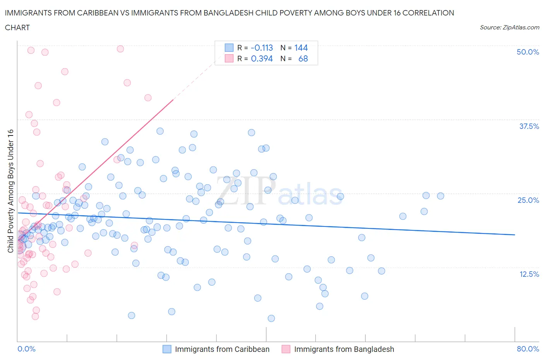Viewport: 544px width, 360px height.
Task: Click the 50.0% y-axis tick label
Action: pyautogui.click(x=528, y=52)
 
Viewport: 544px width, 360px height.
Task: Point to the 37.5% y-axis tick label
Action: pyautogui.click(x=529, y=126)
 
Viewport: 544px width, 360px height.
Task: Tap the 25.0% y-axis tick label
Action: pyautogui.click(x=528, y=200)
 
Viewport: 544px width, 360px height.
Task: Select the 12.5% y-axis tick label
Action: pyautogui.click(x=529, y=274)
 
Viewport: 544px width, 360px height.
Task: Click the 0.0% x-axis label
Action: pyautogui.click(x=27, y=349)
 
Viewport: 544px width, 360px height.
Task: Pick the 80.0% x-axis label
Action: pyautogui.click(x=528, y=349)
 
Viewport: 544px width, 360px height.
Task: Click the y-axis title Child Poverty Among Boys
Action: pyautogui.click(x=10, y=191)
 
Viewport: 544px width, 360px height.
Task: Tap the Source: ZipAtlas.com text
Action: pyautogui.click(x=509, y=27)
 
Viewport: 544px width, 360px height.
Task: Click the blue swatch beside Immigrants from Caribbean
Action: pyautogui.click(x=167, y=349)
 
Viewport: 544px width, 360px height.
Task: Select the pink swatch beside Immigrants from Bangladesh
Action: pyautogui.click(x=286, y=349)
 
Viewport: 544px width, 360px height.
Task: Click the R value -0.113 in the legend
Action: pyautogui.click(x=262, y=48)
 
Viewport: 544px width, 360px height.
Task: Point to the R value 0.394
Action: pyautogui.click(x=262, y=58)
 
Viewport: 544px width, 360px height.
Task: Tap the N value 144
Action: pyautogui.click(x=301, y=48)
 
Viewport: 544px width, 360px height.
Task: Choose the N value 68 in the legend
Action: pyautogui.click(x=303, y=58)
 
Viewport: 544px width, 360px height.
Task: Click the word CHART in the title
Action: pyautogui.click(x=17, y=27)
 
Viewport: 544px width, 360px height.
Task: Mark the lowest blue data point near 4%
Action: pyautogui.click(x=271, y=318)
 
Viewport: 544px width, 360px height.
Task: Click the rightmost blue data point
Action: pyautogui.click(x=440, y=196)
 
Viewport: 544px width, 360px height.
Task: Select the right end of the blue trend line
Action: pyautogui.click(x=515, y=235)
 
